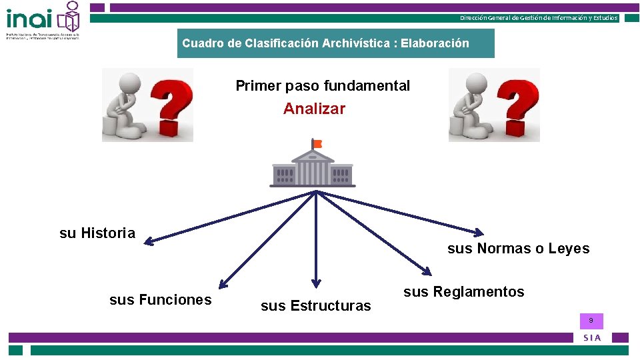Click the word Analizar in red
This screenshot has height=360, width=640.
314,109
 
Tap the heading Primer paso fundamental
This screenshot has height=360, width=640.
323,86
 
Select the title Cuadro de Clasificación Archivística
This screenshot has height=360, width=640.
325,43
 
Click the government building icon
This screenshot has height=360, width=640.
313,167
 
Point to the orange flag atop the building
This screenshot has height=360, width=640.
317,143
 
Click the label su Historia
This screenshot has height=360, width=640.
97,233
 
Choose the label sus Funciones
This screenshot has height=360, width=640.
160,300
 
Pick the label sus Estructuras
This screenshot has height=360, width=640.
315,306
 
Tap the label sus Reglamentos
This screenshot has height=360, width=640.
464,292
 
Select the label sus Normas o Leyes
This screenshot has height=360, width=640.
518,249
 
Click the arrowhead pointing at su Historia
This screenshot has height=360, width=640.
149,241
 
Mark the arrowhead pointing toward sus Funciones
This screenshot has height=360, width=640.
223,285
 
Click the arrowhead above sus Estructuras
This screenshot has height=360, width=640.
317,283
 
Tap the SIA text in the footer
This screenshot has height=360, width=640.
592,338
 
